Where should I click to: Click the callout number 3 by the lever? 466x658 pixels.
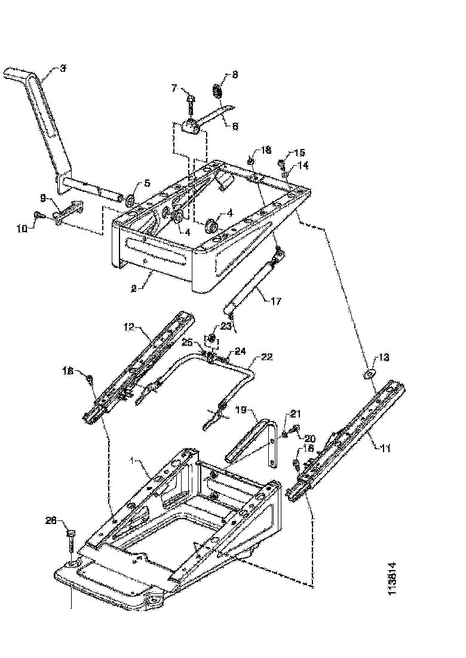63,69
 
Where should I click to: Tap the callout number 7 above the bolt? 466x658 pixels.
174,88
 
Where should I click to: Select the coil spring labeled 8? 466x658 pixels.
217,91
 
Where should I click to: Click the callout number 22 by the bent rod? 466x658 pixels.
267,357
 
